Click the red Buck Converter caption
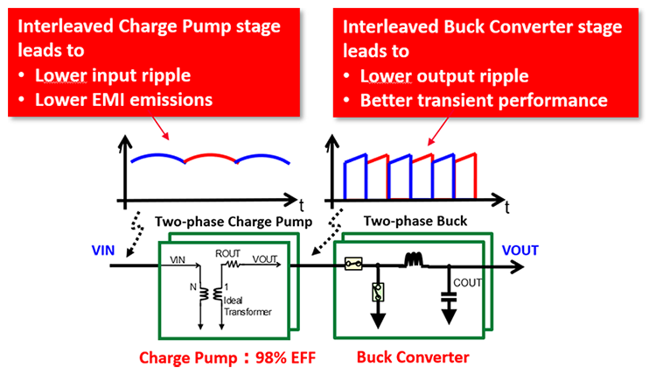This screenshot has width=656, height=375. point(413,357)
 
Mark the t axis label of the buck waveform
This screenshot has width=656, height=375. point(509,208)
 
